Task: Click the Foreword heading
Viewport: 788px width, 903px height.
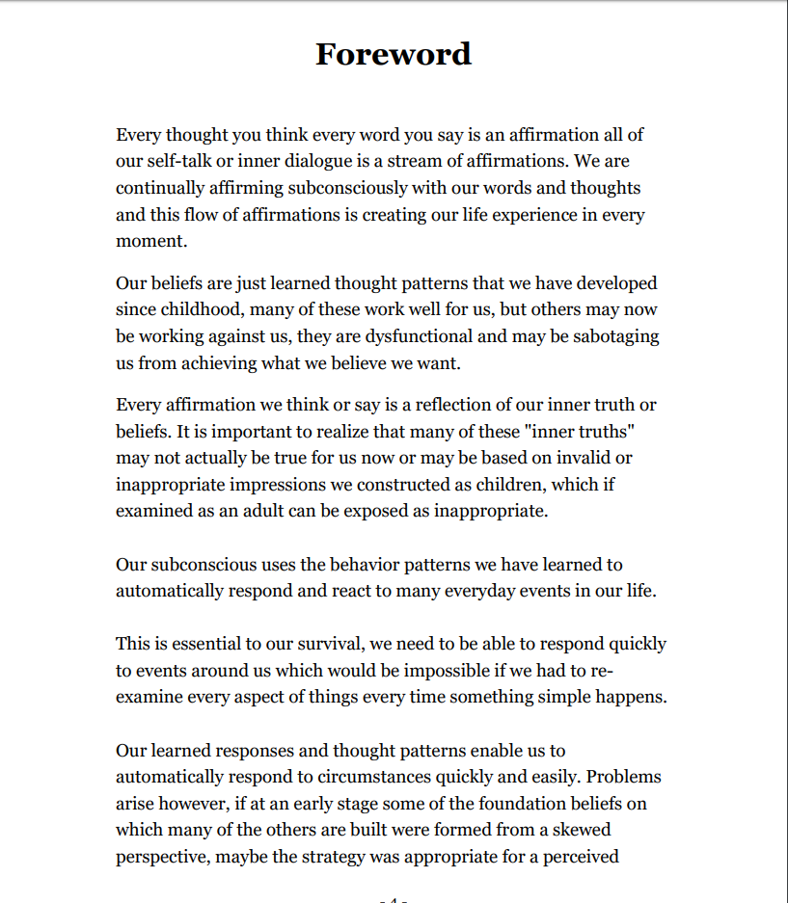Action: point(394,54)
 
